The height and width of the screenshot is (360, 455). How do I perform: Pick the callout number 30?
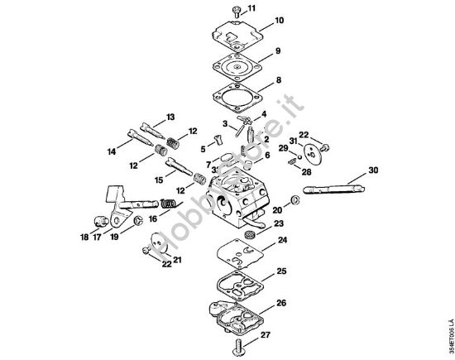(x=373, y=170)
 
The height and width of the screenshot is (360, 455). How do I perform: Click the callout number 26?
(x=282, y=303)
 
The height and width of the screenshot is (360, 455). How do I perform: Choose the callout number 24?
(x=281, y=241)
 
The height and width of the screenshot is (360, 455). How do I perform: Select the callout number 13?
(x=171, y=115)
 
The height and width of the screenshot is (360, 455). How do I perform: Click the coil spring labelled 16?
(x=168, y=204)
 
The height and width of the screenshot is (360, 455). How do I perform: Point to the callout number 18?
(x=84, y=238)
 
